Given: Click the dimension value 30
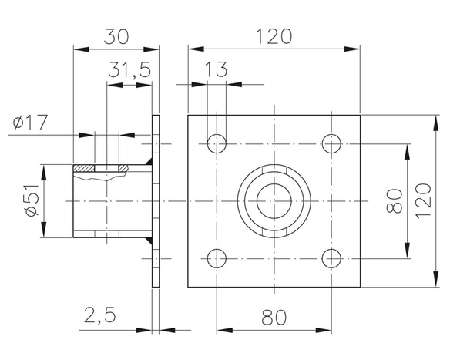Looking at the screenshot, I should pos(116,35).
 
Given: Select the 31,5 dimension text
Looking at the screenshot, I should pos(129,71).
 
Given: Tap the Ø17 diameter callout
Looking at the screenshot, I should pos(29,122).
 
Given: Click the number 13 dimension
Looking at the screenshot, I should pos(217,71).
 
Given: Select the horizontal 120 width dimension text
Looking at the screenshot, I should pos(274,35).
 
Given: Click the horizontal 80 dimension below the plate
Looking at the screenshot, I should pos(274,316).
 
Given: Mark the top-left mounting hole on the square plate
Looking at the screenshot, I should pos(217,143).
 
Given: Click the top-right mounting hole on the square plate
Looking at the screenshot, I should pos(332,143).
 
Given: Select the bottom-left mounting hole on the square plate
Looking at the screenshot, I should pos(217,257).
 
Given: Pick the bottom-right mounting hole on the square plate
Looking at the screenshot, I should pos(332,257).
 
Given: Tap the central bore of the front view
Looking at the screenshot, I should pos(274,200).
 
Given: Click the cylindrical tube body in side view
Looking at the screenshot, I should pos(108,204).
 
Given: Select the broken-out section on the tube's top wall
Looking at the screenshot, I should pos(105,170).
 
